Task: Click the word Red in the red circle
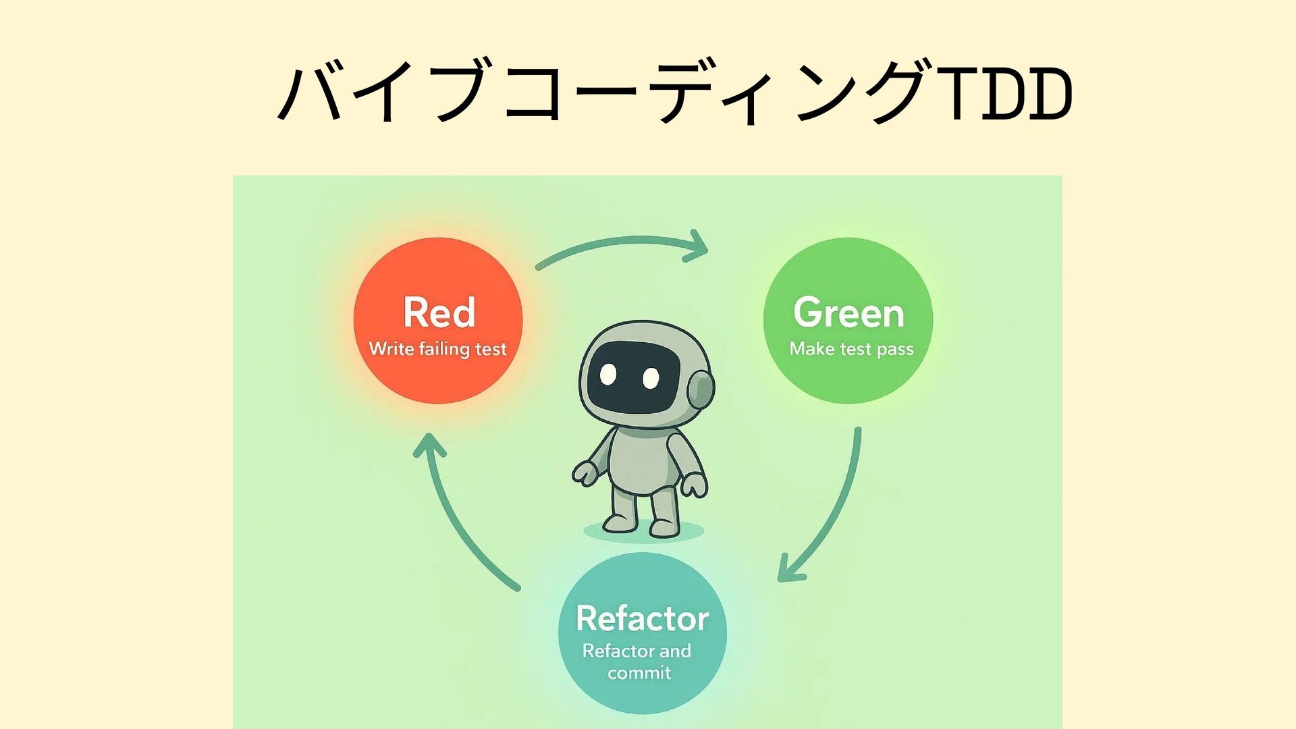[x=439, y=313]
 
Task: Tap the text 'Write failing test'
[x=437, y=349]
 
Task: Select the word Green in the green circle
[x=848, y=313]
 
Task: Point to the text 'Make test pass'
[x=851, y=349]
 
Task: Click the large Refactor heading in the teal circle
[x=642, y=618]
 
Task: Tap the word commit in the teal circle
[x=639, y=673]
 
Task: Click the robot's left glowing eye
[x=608, y=373]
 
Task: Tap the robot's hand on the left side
[x=585, y=472]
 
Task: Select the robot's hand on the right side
[x=694, y=485]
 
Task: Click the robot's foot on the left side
[x=619, y=522]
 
